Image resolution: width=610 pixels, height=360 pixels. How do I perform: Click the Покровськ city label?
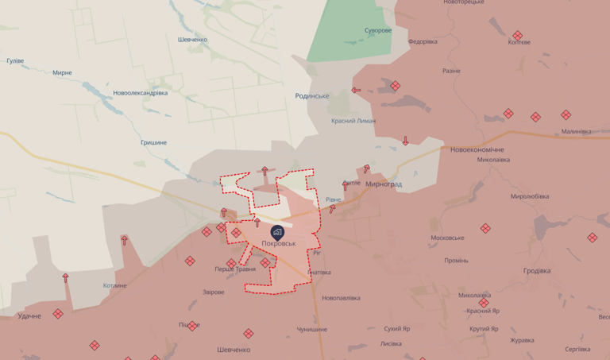tap(278, 243)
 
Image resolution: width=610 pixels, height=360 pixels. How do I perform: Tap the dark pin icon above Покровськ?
tap(277, 232)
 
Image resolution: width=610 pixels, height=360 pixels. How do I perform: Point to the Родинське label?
tap(311, 95)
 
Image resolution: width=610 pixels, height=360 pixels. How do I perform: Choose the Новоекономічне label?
tap(477, 149)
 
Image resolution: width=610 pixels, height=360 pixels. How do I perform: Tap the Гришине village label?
tap(153, 142)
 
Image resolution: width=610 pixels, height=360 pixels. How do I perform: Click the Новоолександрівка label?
tap(140, 92)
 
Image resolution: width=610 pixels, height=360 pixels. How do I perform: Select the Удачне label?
tap(29, 316)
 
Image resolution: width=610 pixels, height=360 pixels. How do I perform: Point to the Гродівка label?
tap(542, 270)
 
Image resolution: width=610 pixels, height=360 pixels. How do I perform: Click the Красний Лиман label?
tap(353, 121)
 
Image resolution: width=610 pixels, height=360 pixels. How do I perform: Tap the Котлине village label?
tap(114, 285)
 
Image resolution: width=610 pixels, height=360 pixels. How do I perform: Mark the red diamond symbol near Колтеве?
tap(518, 35)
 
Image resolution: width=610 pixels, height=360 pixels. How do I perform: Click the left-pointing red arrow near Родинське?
tap(356, 90)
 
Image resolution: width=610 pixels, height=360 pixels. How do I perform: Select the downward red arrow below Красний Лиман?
tap(405, 141)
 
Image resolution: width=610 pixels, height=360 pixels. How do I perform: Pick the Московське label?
tap(447, 238)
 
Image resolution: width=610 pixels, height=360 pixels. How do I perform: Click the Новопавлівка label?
tap(341, 298)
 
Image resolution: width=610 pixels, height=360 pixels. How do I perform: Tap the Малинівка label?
tap(576, 131)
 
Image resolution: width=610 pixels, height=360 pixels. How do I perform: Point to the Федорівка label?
tap(422, 41)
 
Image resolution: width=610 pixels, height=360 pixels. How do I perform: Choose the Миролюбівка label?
tap(530, 196)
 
